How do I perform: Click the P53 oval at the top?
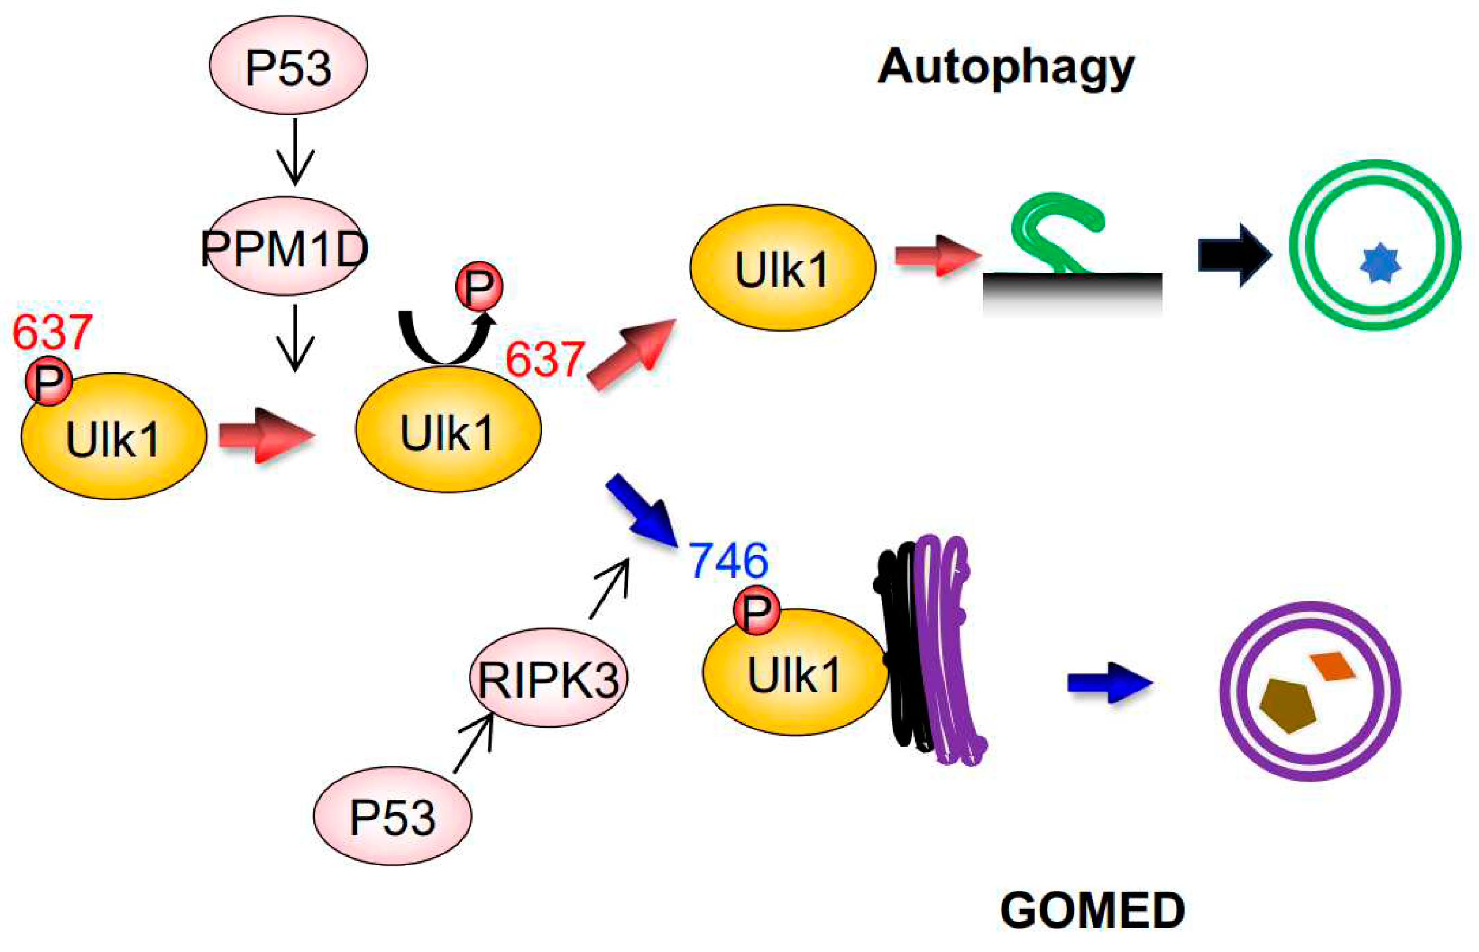point(288,66)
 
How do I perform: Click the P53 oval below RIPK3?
point(393,816)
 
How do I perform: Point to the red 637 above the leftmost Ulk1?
point(53,332)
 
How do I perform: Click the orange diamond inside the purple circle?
point(1333,666)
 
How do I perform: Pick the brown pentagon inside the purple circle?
point(1288,705)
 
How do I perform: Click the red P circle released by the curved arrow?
point(479,286)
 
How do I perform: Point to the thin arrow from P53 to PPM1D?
point(295,151)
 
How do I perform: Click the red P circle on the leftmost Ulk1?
point(48,382)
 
